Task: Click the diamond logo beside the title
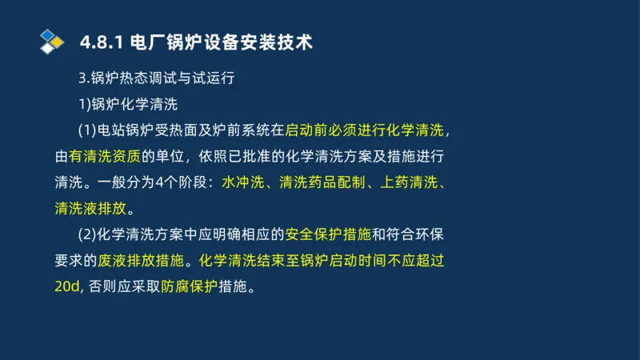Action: click(x=52, y=42)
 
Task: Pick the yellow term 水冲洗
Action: click(x=243, y=183)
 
